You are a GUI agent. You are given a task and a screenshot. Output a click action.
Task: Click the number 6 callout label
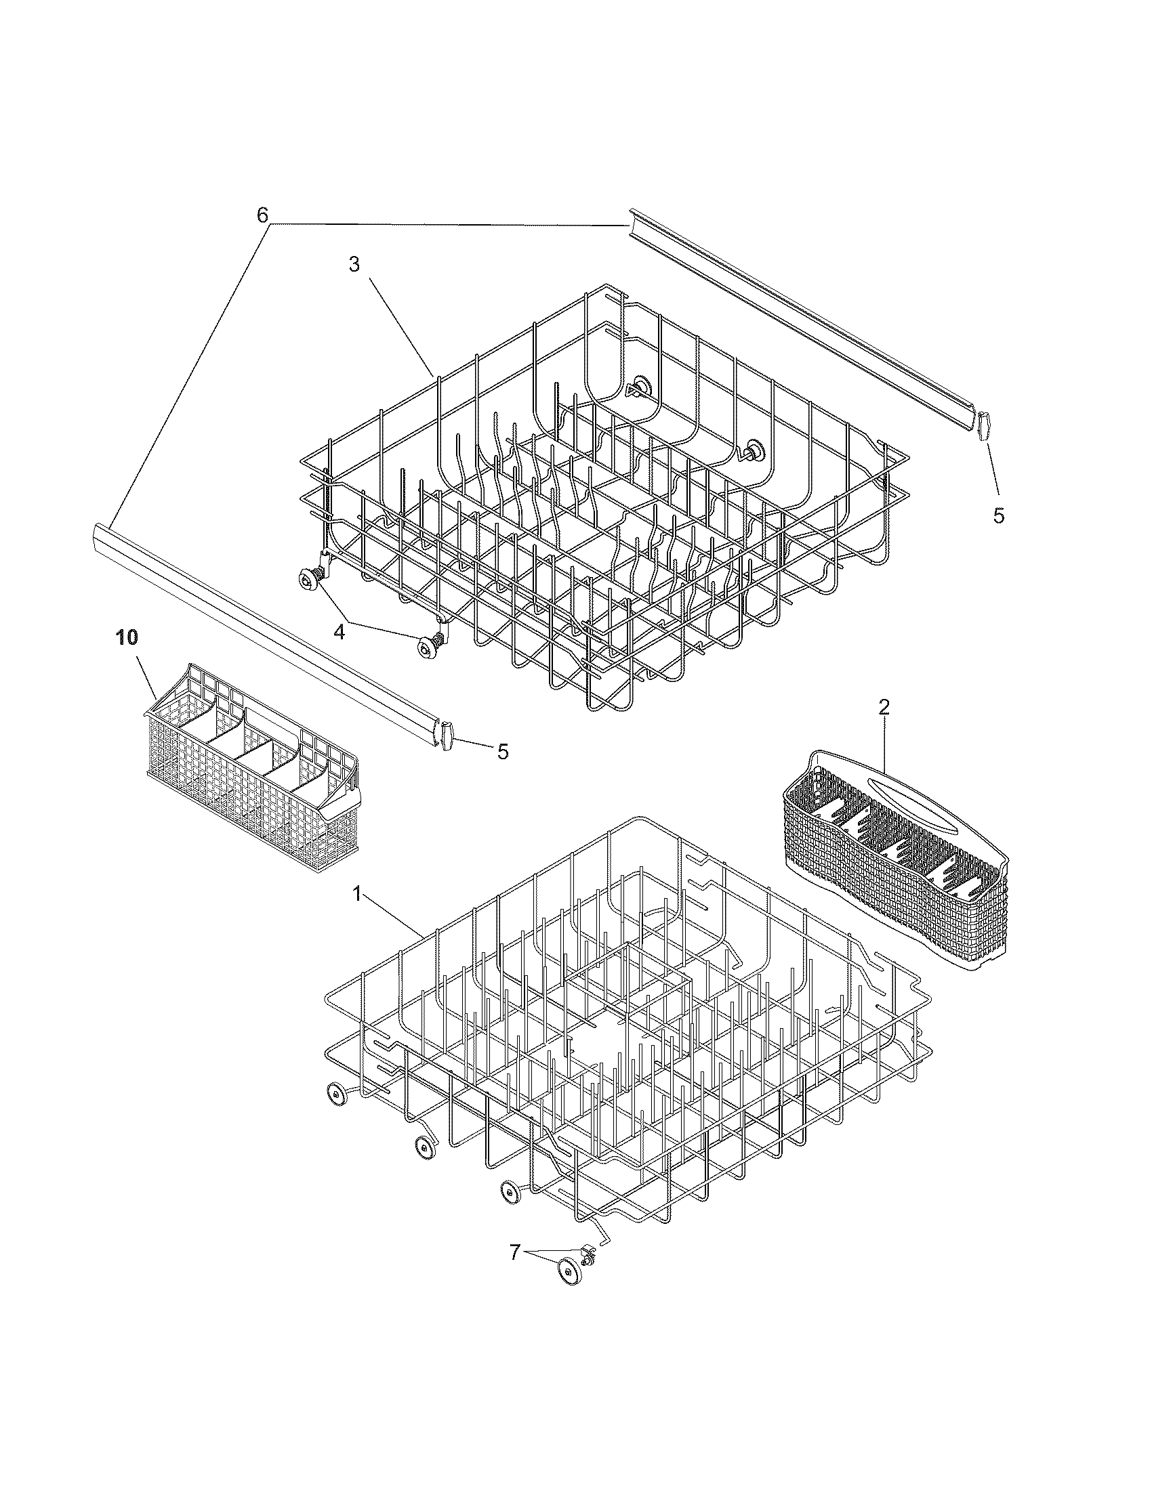[x=263, y=215]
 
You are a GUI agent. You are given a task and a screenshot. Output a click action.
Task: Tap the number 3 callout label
[x=354, y=265]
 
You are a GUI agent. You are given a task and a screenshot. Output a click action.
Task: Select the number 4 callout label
[x=339, y=632]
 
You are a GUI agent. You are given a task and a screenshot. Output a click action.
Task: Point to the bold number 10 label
[x=126, y=637]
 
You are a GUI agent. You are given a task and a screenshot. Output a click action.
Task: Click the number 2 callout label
[x=883, y=708]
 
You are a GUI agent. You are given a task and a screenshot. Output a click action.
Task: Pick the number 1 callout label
[x=356, y=895]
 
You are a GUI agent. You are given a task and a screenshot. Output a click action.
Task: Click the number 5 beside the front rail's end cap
[x=502, y=752]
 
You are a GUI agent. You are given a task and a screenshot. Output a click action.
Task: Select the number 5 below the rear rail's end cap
[x=998, y=516]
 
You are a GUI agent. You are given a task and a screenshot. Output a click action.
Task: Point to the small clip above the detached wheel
[x=586, y=1250]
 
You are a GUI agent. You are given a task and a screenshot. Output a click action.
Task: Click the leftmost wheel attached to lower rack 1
[x=335, y=1093]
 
